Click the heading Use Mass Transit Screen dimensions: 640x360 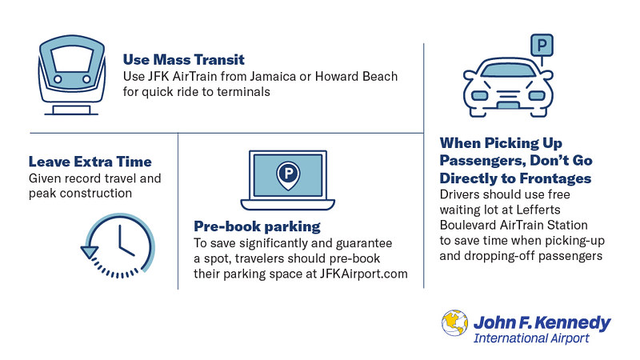click(184, 59)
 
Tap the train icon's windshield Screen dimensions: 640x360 click(72, 58)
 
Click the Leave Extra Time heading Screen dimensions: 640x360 click(90, 162)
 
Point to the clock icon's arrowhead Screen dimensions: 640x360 click(90, 252)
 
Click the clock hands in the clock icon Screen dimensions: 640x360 click(125, 242)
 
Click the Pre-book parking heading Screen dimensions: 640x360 click(257, 226)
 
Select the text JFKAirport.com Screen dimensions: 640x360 click(363, 274)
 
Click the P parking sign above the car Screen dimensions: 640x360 click(542, 45)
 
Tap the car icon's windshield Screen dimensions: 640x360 click(508, 70)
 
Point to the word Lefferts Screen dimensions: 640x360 click(538, 210)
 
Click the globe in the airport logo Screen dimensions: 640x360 click(454, 323)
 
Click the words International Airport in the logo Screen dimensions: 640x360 click(531, 338)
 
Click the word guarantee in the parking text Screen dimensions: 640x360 click(364, 244)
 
